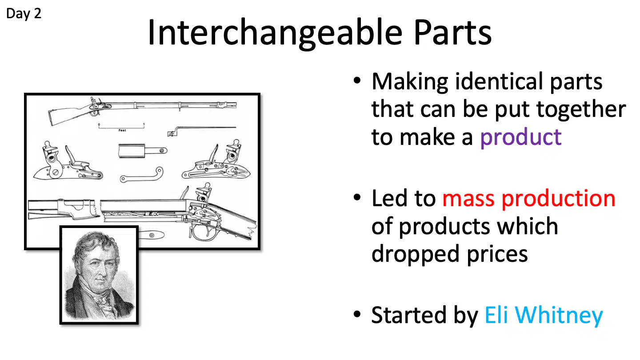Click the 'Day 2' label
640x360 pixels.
[24, 14]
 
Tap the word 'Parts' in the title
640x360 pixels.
[452, 32]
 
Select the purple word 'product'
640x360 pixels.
[521, 138]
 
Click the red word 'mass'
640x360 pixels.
[468, 199]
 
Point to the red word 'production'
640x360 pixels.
[558, 198]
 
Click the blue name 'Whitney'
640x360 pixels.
[559, 315]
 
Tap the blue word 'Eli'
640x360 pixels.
[496, 315]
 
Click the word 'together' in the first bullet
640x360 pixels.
[581, 110]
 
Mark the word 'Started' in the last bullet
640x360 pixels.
[408, 315]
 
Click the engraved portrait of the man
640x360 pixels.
[99, 275]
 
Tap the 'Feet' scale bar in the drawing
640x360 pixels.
[121, 127]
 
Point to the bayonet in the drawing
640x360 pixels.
[202, 131]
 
